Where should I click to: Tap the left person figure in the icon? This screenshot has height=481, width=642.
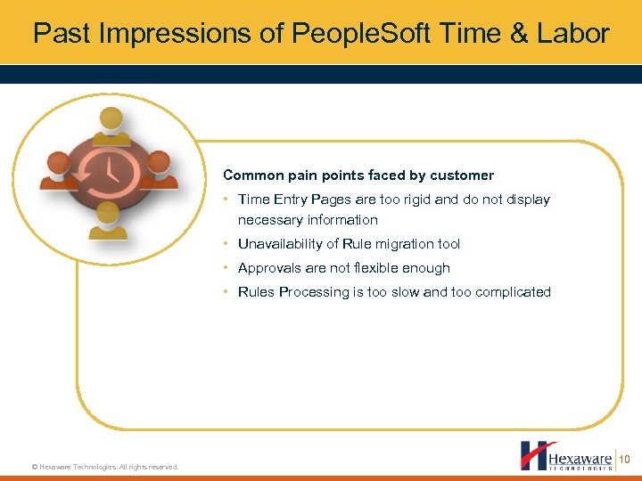click(59, 170)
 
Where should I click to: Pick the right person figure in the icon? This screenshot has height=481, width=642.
click(158, 169)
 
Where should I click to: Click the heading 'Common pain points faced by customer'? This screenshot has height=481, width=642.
click(358, 175)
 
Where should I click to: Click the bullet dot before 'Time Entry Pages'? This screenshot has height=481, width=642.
click(227, 200)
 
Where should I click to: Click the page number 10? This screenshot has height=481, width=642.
click(624, 459)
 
